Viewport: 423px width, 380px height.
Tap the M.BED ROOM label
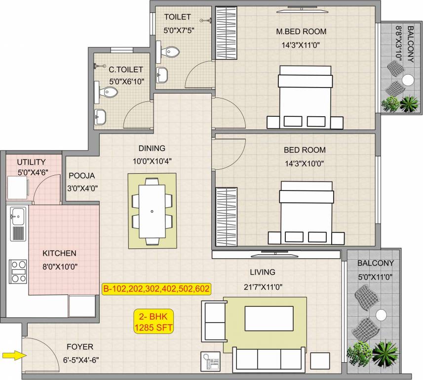pyautogui.click(x=301, y=32)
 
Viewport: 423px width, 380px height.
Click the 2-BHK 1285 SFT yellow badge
pyautogui.click(x=153, y=322)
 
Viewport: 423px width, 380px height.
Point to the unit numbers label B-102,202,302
pyautogui.click(x=156, y=289)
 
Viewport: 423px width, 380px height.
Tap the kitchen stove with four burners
pyautogui.click(x=18, y=271)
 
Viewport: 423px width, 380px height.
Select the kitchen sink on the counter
pyautogui.click(x=18, y=216)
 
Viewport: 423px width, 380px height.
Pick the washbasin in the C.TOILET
pyautogui.click(x=100, y=117)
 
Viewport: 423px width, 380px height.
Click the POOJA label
pyautogui.click(x=81, y=175)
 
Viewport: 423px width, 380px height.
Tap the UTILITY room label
pyautogui.click(x=31, y=162)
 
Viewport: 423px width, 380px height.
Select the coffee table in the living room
pyautogui.click(x=269, y=318)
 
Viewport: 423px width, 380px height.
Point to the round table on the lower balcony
pyautogui.click(x=381, y=315)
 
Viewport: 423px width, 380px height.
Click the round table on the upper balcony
pyautogui.click(x=408, y=80)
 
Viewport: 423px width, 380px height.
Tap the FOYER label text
pyautogui.click(x=79, y=347)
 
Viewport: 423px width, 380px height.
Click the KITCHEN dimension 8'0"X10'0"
pyautogui.click(x=60, y=266)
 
